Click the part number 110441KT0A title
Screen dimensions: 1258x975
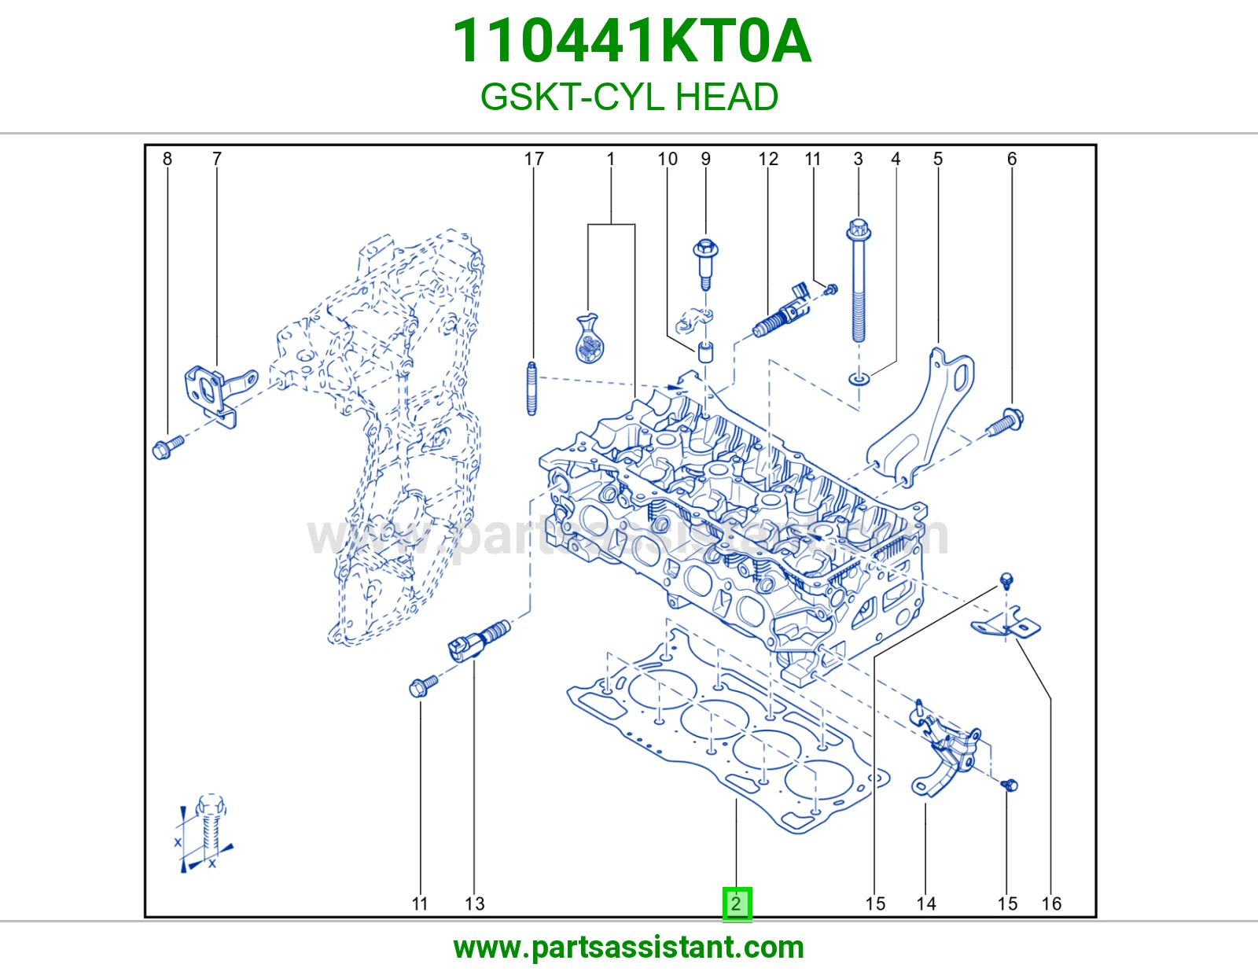631,41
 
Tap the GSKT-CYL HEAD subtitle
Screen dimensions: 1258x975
629,97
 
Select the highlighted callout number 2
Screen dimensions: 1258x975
737,903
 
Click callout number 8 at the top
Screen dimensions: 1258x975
167,159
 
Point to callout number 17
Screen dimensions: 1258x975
534,159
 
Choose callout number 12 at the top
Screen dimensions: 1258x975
768,159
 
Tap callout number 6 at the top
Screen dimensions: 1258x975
1012,159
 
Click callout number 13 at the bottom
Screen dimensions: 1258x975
475,903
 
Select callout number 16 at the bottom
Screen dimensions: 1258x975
1051,903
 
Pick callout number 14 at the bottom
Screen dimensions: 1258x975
926,903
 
